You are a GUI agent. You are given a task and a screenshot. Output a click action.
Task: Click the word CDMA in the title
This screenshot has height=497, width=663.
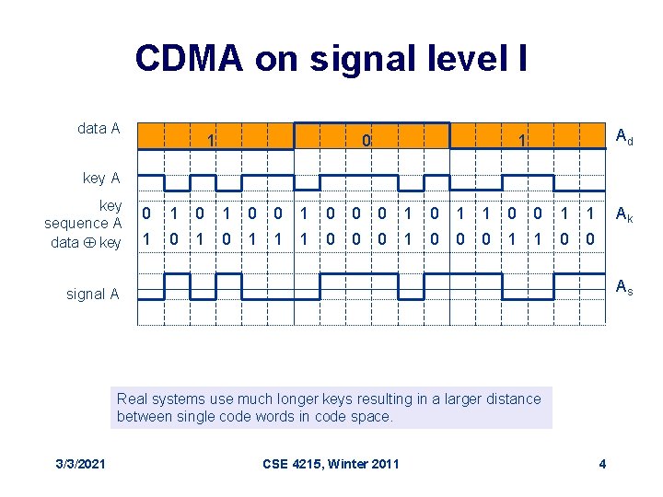[189, 58]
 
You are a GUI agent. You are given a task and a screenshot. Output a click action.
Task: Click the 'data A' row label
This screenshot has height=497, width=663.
[99, 128]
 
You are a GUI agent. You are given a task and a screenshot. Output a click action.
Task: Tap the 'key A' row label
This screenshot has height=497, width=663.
[101, 178]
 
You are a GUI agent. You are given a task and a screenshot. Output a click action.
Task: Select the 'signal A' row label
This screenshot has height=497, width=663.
[93, 295]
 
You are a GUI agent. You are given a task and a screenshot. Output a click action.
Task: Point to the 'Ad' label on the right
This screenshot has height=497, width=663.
[623, 137]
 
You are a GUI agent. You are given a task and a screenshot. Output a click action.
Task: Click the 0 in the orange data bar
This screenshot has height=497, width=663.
[366, 141]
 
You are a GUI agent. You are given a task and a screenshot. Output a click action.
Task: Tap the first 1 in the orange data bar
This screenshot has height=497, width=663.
[211, 141]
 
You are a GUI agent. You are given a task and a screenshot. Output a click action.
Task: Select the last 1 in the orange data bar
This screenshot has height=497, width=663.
[522, 141]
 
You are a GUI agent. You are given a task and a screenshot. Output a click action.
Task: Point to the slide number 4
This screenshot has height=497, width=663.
[602, 463]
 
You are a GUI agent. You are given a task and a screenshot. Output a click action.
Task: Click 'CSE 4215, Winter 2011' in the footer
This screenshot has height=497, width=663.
[331, 463]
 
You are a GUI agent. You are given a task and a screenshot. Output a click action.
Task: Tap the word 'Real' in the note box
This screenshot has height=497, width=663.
[132, 399]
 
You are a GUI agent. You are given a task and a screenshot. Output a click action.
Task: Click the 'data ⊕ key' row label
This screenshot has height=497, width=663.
[86, 242]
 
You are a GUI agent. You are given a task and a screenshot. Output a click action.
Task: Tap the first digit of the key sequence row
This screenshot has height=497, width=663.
[146, 214]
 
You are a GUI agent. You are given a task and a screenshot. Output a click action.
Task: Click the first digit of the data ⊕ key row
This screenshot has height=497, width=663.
[146, 239]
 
